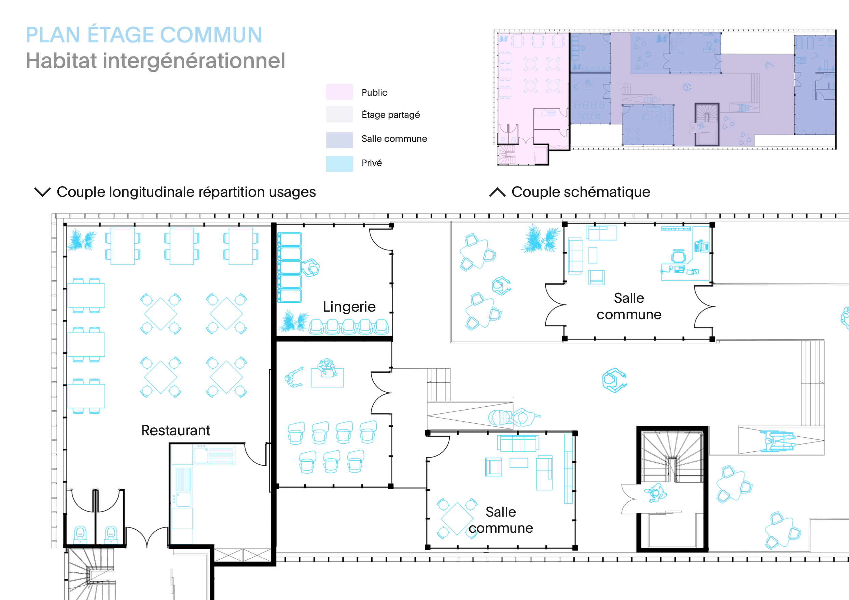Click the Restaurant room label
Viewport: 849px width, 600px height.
[x=176, y=431]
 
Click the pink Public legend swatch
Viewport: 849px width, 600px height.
[x=339, y=92]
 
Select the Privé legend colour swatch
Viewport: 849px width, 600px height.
[x=339, y=164]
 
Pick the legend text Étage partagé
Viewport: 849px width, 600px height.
[x=391, y=115]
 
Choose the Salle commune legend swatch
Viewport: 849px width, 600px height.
[x=339, y=140]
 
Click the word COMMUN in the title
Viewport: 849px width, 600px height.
[x=211, y=35]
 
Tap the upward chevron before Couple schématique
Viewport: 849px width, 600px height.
[x=497, y=192]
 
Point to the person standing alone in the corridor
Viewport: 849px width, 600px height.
[x=614, y=380]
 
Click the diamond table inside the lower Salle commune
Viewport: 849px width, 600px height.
[x=457, y=519]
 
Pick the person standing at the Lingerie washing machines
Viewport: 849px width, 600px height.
[x=310, y=268]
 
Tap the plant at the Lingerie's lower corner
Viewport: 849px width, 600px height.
[x=294, y=322]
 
